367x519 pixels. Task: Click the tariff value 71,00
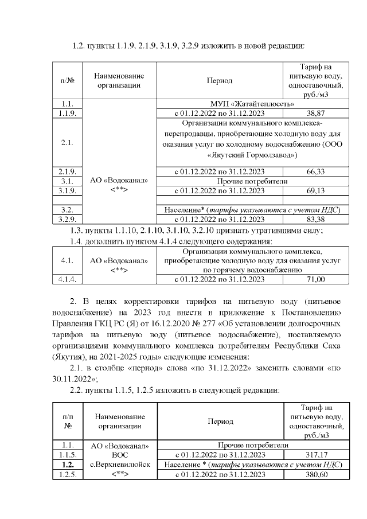click(x=316, y=279)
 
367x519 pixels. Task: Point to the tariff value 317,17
click(x=316, y=454)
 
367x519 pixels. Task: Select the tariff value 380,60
click(x=316, y=474)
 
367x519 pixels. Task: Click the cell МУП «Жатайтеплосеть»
click(x=253, y=104)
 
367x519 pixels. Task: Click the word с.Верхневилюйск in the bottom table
click(x=120, y=465)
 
